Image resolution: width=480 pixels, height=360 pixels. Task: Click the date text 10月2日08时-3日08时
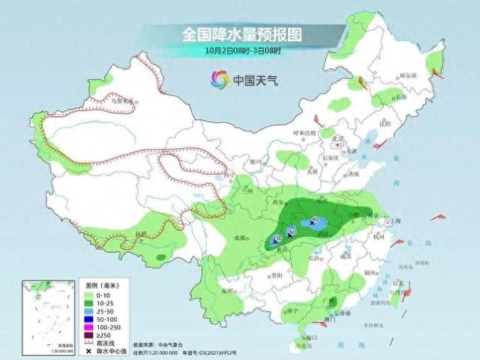coord(240,51)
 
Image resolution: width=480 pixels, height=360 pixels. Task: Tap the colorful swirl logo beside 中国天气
coord(219,79)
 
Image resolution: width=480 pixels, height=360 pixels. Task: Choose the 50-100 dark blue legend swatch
coord(87,317)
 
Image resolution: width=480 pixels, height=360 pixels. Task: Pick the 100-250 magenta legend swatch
coord(87,324)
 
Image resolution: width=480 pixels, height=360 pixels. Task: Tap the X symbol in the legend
coord(87,346)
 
